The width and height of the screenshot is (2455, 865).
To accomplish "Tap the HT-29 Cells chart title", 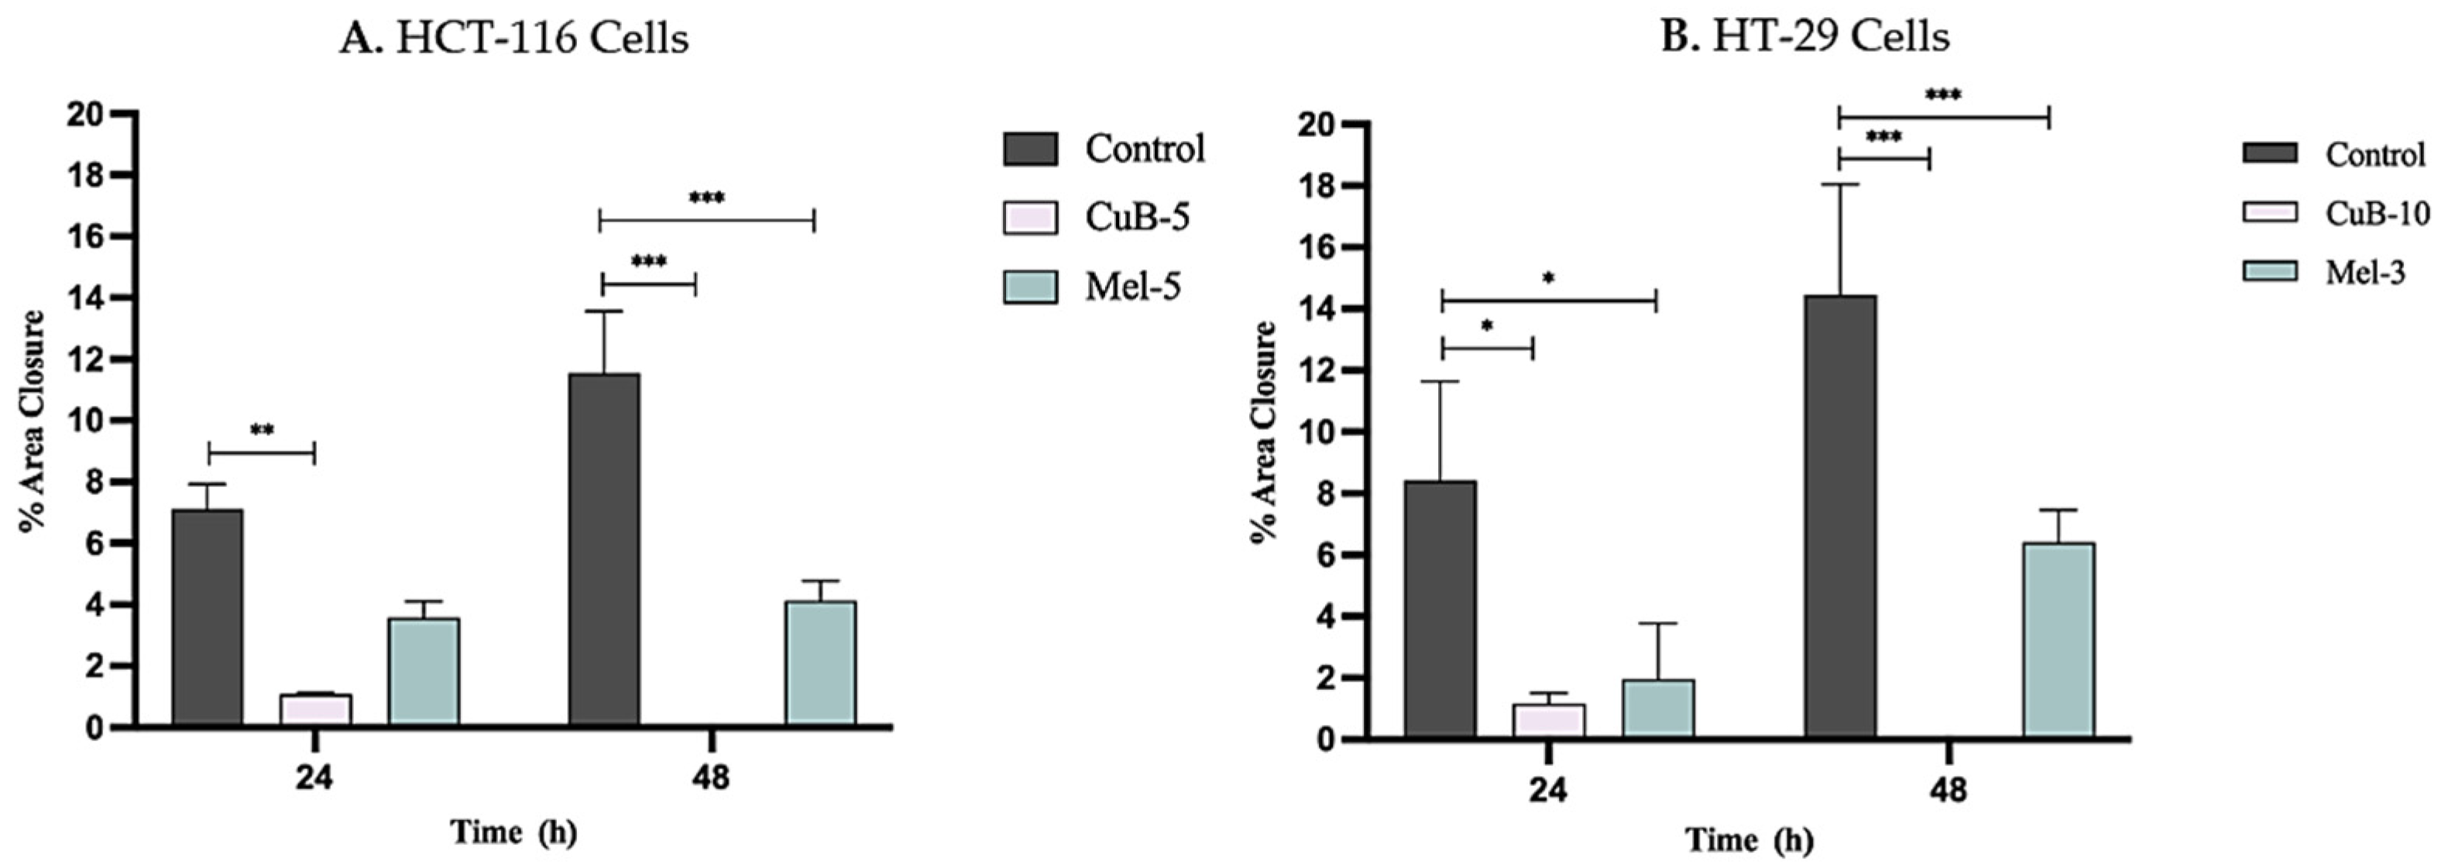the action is coord(1805,37).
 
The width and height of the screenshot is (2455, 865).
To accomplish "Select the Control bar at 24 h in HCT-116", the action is coord(207,618).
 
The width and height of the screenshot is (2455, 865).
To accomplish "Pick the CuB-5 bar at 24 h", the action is coord(315,711).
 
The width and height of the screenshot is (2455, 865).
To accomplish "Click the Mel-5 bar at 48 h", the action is coord(821,664).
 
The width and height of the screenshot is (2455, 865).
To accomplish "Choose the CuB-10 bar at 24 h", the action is coord(1549,721).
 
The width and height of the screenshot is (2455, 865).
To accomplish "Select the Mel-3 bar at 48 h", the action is coord(2058,641).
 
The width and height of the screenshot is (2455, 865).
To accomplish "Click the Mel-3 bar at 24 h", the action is coord(1658,709).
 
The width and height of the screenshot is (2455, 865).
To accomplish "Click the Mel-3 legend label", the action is coord(2365,273).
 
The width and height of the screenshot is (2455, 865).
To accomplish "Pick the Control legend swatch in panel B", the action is coord(2270,153).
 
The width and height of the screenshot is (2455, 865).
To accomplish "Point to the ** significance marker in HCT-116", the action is coord(262,431).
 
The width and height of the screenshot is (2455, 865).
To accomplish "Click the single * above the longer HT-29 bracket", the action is coord(1549,279).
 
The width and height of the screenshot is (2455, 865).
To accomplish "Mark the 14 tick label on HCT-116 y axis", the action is coord(85,298).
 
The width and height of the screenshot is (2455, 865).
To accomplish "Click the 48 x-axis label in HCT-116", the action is coord(711,777).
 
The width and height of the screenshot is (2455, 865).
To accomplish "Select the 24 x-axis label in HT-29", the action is coord(1549,790).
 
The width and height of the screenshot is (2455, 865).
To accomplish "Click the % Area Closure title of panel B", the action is coord(1264,432).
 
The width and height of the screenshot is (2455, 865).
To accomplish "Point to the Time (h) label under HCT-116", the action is coord(513,832).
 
